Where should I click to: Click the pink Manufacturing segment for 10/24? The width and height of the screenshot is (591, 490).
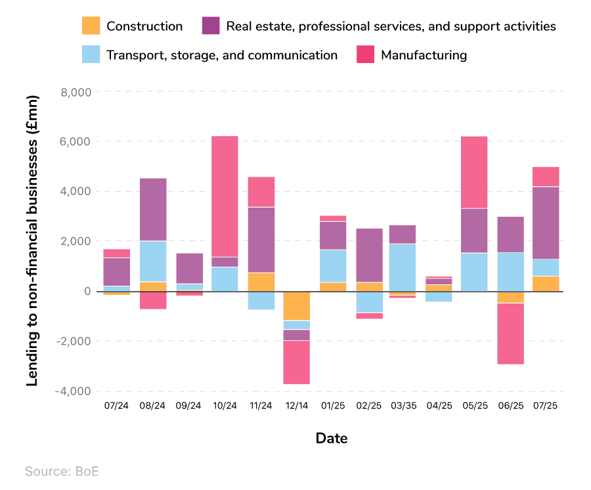225,196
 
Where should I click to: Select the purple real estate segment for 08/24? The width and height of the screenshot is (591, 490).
152,210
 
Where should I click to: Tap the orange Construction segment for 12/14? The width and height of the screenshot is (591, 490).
297,305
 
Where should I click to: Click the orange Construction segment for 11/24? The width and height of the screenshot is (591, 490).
261,282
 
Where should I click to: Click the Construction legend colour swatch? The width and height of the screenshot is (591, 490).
91,26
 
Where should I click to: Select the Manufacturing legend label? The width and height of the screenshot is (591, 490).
424,55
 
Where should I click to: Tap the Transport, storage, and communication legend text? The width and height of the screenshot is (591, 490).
222,55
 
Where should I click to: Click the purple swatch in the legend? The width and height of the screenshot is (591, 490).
211,26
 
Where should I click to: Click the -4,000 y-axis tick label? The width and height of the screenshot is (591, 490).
73,391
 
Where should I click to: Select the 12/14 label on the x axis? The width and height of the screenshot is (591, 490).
297,406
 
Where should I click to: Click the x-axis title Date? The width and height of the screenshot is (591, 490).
332,438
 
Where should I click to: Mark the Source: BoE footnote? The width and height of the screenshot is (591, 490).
63,471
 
